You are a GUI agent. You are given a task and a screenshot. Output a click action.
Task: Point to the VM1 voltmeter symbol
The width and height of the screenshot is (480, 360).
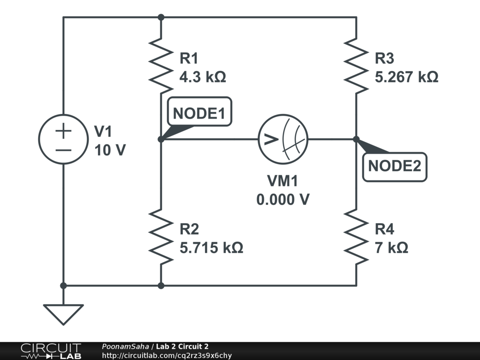pos(283,139)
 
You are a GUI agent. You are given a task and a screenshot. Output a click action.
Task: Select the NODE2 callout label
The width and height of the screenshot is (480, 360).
pos(395,166)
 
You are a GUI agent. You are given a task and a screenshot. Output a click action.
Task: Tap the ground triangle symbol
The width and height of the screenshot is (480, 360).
pos(63,314)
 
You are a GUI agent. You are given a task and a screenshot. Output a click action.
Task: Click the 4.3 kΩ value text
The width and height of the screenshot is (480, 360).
pos(202,77)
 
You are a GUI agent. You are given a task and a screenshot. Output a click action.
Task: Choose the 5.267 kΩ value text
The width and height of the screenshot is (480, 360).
pos(406,77)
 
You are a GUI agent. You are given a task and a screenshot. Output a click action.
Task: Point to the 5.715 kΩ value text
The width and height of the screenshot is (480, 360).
pos(211,247)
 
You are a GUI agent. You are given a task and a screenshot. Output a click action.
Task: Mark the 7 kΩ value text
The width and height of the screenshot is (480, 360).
pos(391,247)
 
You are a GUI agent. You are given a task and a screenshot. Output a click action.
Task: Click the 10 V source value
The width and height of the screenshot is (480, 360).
pos(110,150)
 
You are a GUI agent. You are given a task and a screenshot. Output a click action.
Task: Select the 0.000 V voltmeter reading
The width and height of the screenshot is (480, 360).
pos(283,199)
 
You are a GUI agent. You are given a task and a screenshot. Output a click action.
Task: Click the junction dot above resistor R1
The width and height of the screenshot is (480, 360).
pos(161,17)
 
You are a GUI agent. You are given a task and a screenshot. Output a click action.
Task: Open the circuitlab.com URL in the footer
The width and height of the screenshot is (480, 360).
pos(167,355)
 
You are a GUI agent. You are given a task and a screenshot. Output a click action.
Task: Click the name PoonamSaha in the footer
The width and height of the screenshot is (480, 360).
pos(125,346)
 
